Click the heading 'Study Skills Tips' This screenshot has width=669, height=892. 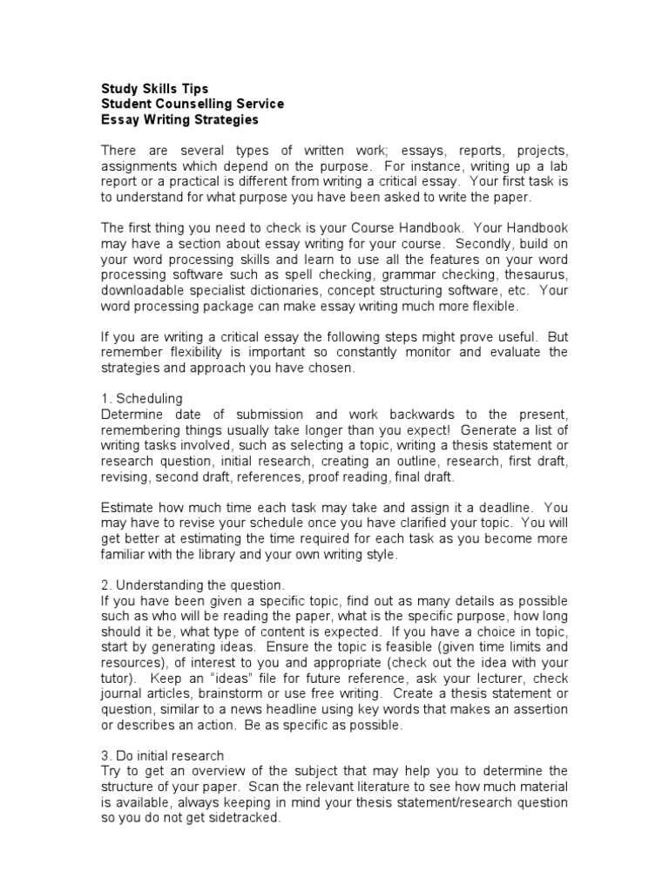tap(154, 88)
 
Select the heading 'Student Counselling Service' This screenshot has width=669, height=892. tap(192, 104)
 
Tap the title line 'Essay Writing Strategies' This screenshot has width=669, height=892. tap(179, 119)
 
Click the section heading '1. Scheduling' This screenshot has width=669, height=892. tap(142, 398)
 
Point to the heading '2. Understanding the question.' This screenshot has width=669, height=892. tap(193, 586)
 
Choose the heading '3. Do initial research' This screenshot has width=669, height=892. tap(163, 755)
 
